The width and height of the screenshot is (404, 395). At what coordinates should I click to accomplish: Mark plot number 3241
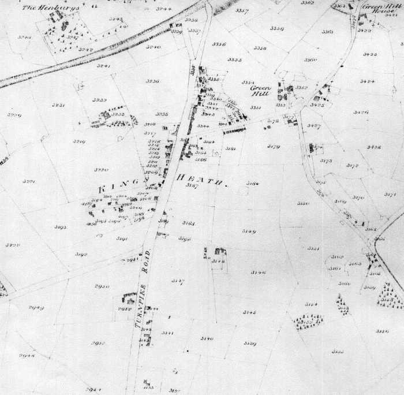(104, 66)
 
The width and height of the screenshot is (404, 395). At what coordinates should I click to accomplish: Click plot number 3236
(154, 81)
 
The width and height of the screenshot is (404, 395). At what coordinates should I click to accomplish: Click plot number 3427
(315, 126)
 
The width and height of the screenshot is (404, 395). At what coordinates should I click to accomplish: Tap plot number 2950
(102, 286)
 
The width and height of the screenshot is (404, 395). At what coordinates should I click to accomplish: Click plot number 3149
(249, 232)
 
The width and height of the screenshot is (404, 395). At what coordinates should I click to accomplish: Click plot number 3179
(274, 147)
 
